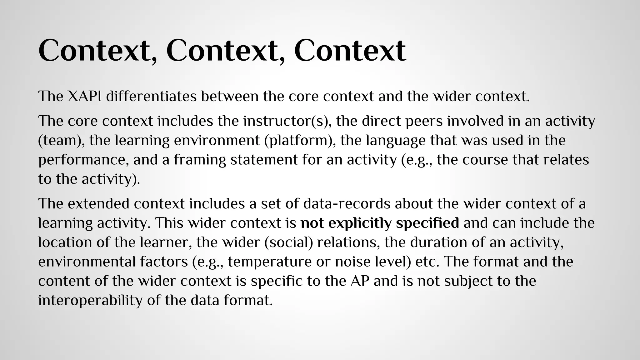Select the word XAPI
tap(84, 96)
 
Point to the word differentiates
tap(151, 96)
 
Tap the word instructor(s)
tap(287, 121)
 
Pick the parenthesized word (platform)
tap(300, 141)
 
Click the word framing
tap(200, 160)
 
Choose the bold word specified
tap(427, 223)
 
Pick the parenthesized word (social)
tap(288, 242)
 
